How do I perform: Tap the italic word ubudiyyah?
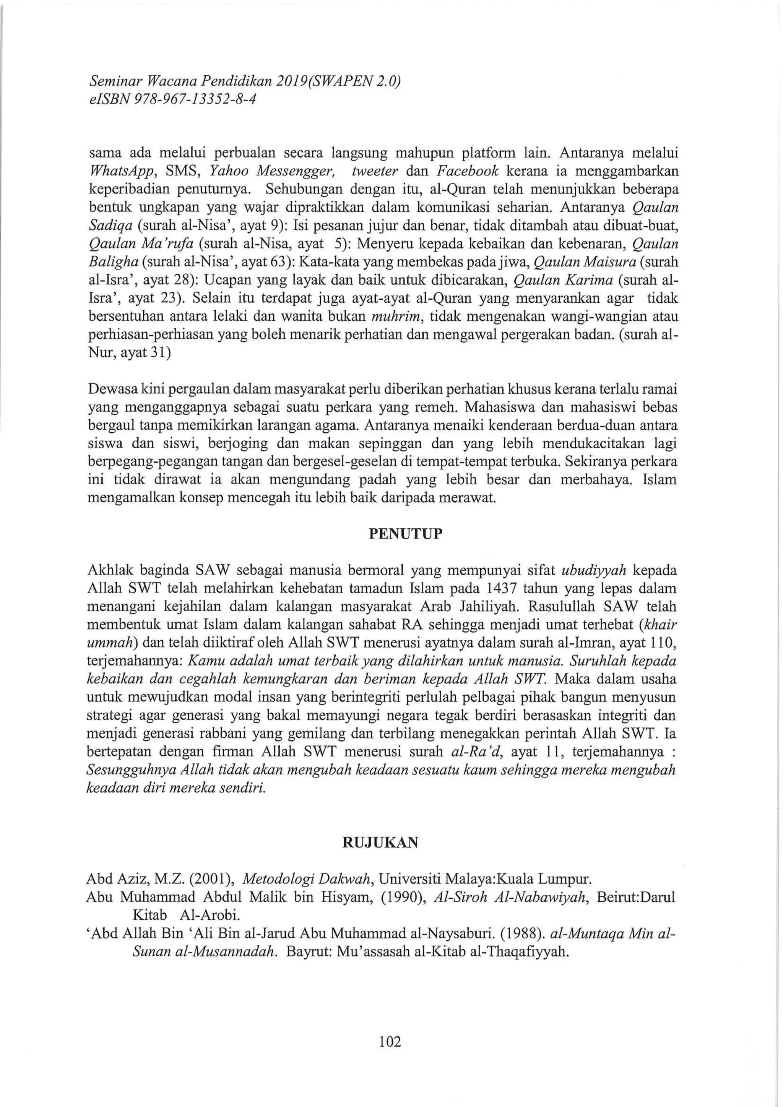pyautogui.click(x=594, y=570)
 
